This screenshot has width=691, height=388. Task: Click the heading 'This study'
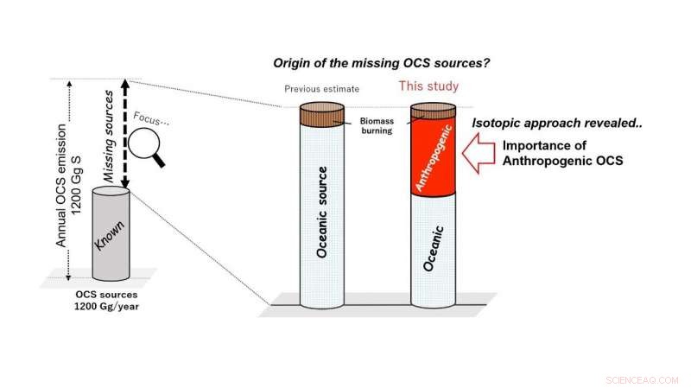pos(428,86)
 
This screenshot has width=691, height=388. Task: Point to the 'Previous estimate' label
pos(322,88)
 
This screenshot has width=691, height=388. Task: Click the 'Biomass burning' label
pos(375,128)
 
